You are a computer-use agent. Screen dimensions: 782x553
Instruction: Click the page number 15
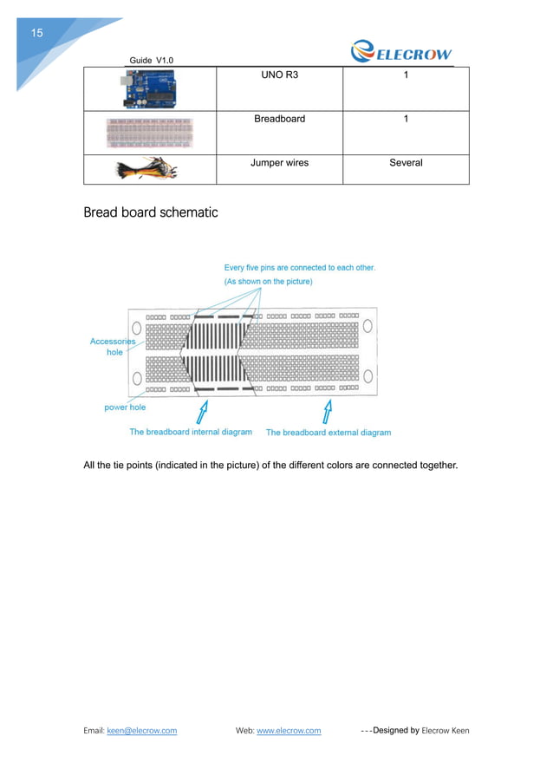pos(36,34)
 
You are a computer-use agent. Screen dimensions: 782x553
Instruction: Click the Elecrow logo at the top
pos(400,53)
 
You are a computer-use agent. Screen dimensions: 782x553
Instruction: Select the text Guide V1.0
pos(151,60)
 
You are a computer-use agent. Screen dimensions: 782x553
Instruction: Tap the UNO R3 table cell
pos(279,75)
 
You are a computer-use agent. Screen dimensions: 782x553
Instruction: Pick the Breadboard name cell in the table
pos(279,119)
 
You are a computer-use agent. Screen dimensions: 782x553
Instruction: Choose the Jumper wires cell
pos(279,162)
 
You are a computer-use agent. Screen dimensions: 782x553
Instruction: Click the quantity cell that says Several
pos(406,162)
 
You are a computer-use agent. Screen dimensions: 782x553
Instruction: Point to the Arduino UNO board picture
pos(149,88)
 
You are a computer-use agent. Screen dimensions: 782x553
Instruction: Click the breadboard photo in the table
pos(149,133)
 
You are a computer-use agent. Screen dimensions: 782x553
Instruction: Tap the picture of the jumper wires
pos(149,169)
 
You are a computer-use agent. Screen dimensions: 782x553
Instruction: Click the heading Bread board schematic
pos(150,212)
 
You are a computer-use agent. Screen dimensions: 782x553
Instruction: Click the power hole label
pos(125,407)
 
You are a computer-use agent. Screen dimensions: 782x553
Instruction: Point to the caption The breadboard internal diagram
pos(191,432)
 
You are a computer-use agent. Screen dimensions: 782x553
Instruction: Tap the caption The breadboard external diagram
pos(328,433)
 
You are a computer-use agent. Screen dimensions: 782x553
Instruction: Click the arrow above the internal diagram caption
pos(204,408)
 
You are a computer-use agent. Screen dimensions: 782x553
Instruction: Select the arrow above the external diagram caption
pos(328,408)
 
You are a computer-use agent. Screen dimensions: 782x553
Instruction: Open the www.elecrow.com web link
pos(289,731)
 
